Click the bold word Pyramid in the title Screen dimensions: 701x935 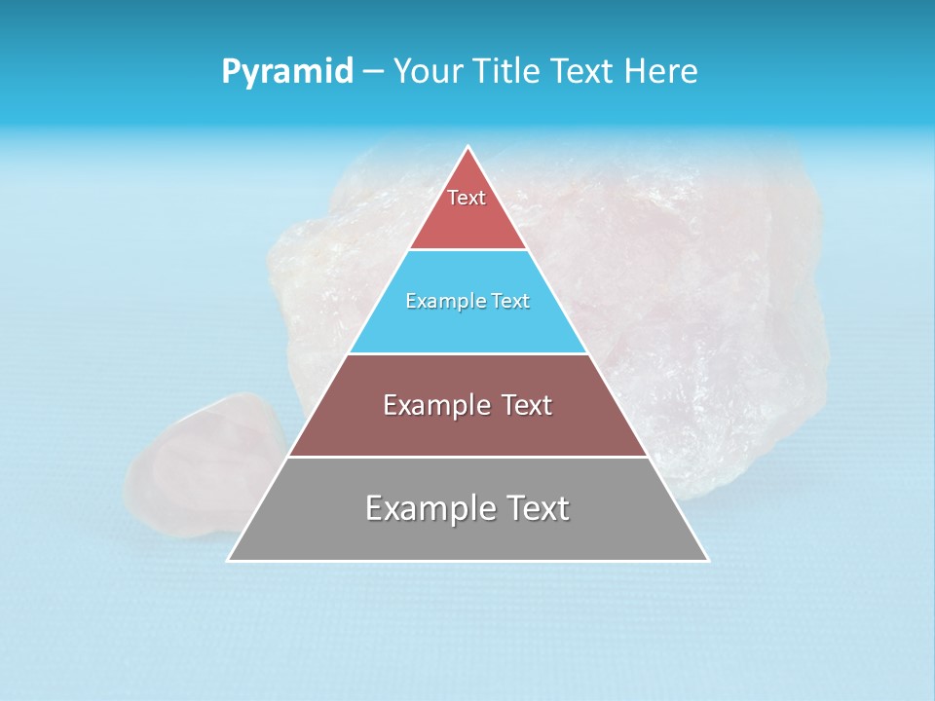click(286, 72)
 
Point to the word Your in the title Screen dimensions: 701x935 click(429, 72)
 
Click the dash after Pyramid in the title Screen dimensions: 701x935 click(373, 72)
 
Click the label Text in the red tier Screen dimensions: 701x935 click(467, 198)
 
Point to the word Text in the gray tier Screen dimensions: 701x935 click(537, 508)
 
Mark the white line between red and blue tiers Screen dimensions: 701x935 click(467, 250)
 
